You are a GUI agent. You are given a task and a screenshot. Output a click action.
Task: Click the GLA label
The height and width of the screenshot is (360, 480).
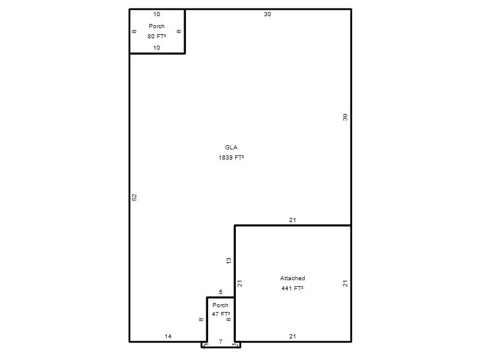(x=231, y=147)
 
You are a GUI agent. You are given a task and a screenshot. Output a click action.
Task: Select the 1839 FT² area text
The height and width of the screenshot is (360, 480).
(x=231, y=157)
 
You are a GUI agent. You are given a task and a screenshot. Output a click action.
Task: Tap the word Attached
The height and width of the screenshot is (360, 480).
(x=292, y=278)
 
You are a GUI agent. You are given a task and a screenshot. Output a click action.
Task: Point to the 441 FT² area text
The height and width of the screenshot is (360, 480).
(x=292, y=288)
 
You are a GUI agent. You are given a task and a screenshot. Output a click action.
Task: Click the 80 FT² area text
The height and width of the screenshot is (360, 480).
(x=157, y=36)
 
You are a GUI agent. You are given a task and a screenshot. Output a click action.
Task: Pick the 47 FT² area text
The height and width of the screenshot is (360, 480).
(x=221, y=314)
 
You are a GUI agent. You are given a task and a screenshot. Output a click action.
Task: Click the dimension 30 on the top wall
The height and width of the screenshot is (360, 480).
(x=267, y=14)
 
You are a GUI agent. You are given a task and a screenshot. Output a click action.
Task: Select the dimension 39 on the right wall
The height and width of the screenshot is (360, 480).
(x=346, y=117)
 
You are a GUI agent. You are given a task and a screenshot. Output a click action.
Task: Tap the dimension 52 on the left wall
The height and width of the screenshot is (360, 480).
(x=134, y=197)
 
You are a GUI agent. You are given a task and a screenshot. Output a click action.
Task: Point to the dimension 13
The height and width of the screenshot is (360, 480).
(x=229, y=261)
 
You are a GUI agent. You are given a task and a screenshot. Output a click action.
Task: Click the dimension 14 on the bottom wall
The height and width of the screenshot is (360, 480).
(x=168, y=336)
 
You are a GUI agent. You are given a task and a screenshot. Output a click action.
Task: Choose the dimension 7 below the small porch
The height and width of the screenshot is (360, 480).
(x=220, y=341)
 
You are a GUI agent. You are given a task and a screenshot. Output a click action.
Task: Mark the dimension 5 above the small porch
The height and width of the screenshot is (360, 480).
(x=220, y=292)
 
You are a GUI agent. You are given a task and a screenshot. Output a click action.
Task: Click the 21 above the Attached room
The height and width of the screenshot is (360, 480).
(x=292, y=220)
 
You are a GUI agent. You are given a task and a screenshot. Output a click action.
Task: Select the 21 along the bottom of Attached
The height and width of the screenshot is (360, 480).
(x=292, y=336)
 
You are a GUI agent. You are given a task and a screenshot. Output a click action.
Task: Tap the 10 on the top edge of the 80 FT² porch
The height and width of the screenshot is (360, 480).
(x=157, y=14)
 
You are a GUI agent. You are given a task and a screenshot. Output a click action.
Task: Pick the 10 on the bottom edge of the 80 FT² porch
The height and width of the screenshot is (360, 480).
(x=157, y=48)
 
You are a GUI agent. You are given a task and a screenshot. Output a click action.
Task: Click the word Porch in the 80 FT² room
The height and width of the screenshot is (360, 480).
(x=157, y=26)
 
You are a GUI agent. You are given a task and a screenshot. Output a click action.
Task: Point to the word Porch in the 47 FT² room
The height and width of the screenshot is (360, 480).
(x=220, y=305)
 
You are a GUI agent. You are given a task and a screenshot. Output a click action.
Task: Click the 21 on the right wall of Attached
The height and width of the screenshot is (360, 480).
(x=346, y=283)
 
